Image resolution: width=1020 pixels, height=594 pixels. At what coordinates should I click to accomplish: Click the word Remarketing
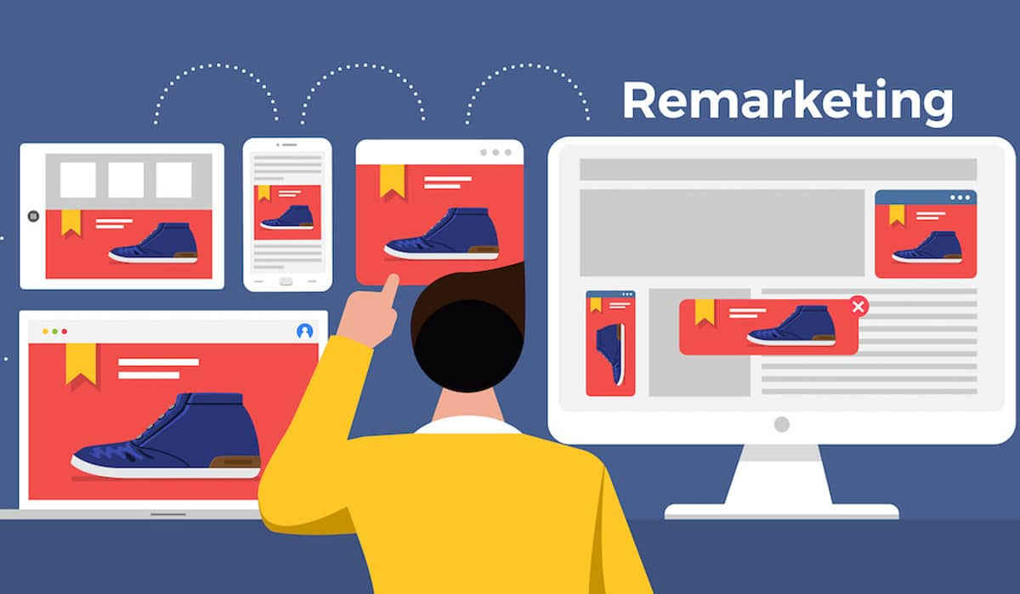(787, 102)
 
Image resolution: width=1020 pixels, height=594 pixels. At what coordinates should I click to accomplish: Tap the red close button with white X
(858, 306)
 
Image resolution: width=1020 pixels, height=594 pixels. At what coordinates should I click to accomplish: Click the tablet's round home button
(33, 216)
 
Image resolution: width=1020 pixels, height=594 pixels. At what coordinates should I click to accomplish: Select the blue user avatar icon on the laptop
(305, 331)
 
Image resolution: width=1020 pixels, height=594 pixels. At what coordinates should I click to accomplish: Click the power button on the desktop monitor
(781, 424)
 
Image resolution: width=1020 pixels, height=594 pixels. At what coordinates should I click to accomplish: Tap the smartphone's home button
(286, 280)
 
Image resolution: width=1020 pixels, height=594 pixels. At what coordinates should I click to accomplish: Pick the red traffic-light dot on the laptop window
(64, 331)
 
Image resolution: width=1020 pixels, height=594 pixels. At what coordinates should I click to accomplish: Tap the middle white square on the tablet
(126, 179)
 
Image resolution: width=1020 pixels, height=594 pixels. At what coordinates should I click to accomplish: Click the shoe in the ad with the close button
(792, 326)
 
